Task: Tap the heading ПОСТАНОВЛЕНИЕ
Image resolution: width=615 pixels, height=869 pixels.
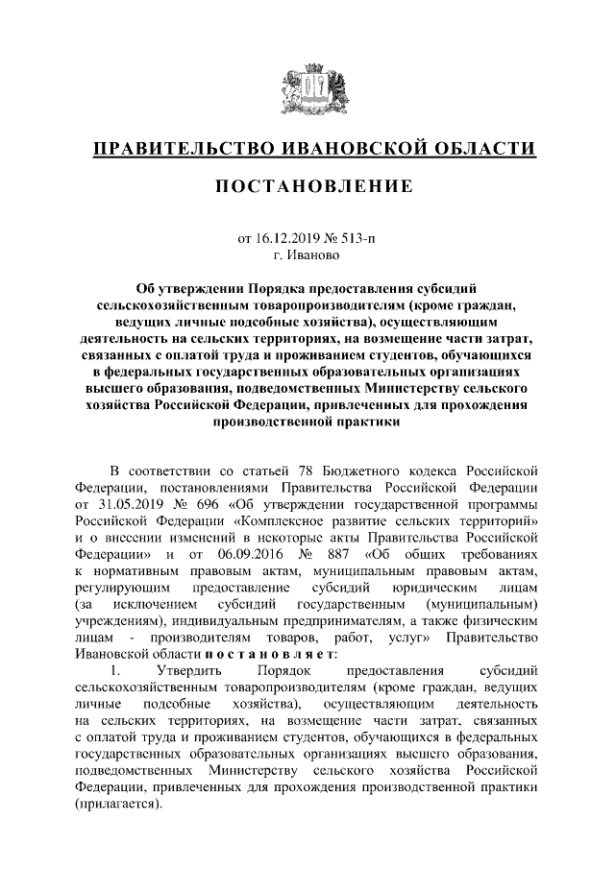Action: (x=307, y=185)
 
